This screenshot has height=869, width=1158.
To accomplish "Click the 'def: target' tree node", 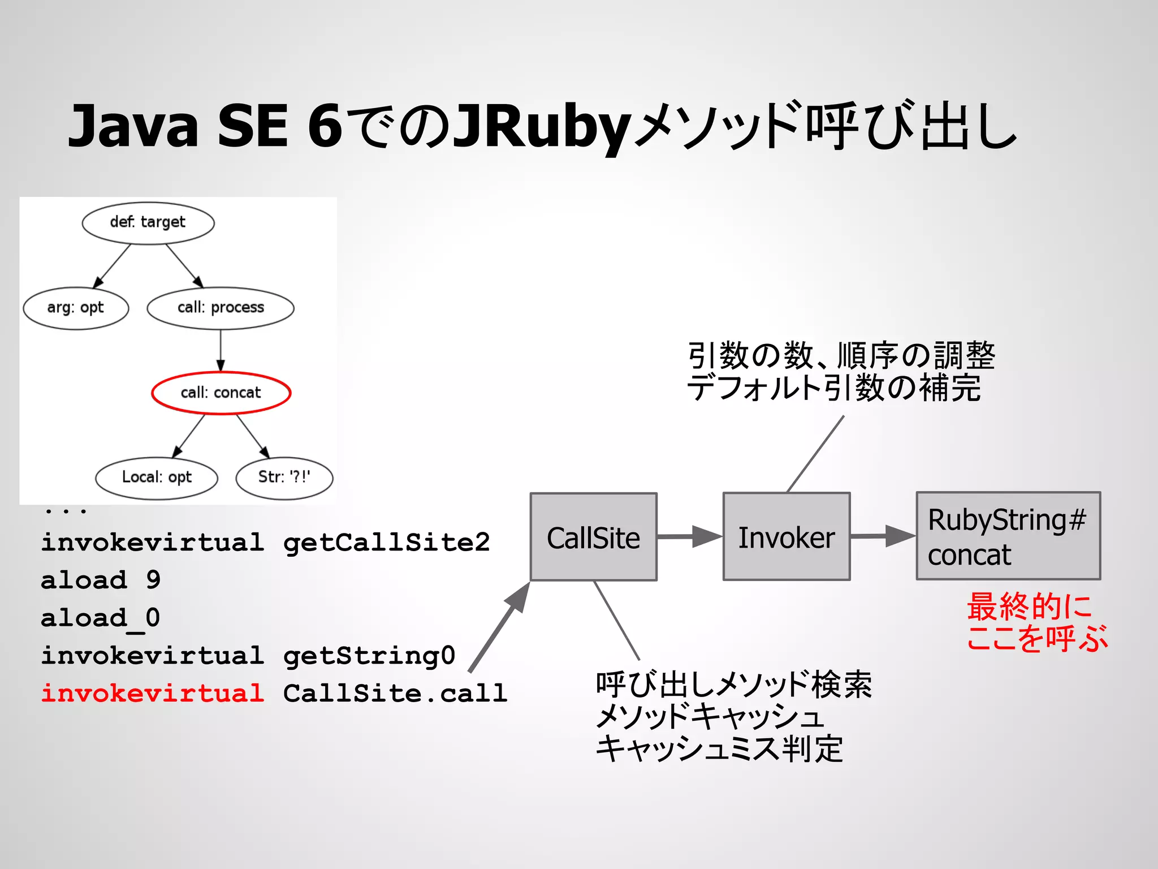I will (x=148, y=222).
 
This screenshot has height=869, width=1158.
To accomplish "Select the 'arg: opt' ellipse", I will (x=76, y=308).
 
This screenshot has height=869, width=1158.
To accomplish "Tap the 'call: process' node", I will (x=221, y=308).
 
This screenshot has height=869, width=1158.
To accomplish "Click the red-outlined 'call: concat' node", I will (x=221, y=393).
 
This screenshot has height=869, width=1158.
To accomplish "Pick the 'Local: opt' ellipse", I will (x=157, y=477).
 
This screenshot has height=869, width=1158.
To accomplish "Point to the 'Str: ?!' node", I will (x=284, y=477).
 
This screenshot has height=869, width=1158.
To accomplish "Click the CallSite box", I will (x=593, y=537).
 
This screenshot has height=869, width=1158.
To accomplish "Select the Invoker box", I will (x=787, y=537).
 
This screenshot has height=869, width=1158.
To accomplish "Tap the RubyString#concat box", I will (x=1008, y=536).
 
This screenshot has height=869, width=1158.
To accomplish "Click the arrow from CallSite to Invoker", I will (x=690, y=536).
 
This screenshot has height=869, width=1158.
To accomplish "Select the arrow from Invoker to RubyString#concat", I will (x=883, y=536).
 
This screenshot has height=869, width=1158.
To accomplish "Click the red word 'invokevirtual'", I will (x=152, y=693).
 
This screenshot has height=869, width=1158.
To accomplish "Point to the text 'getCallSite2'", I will (x=386, y=542).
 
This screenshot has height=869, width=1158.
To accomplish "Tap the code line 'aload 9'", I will (x=101, y=580).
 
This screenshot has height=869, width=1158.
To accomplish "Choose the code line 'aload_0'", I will (x=101, y=618).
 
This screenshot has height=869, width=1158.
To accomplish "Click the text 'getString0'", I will (x=369, y=656).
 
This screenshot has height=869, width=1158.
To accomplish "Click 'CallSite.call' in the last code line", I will (x=395, y=693).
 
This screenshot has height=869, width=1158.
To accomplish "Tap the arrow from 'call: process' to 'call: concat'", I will (x=221, y=351).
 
